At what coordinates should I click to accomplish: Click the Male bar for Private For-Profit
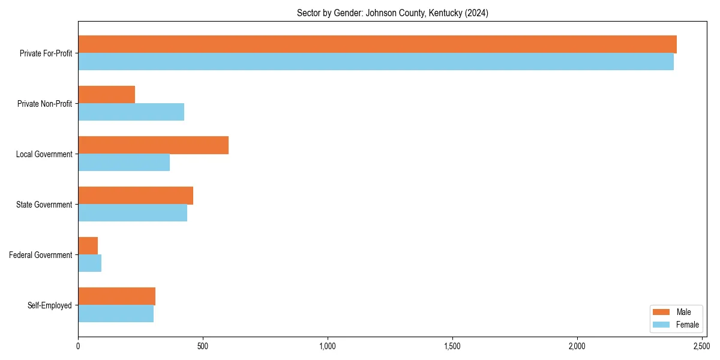click(x=377, y=44)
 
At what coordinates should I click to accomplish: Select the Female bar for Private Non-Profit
click(x=131, y=112)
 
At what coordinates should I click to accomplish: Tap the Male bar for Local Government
click(x=153, y=145)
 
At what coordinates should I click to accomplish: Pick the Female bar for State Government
click(x=133, y=213)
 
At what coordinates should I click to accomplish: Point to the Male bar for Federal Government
click(x=88, y=246)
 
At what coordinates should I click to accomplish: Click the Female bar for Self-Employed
click(x=116, y=314)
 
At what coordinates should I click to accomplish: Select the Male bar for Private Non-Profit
click(x=106, y=95)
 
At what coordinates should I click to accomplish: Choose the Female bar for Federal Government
click(x=89, y=263)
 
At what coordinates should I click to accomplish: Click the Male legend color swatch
click(x=661, y=312)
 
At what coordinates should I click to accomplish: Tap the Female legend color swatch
click(x=661, y=325)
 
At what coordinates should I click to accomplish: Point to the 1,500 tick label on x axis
click(x=452, y=346)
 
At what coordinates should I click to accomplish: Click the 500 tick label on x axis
click(x=203, y=346)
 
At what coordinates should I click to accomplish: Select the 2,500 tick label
click(x=701, y=346)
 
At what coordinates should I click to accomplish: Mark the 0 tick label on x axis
click(x=78, y=346)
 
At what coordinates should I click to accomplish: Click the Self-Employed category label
click(x=50, y=305)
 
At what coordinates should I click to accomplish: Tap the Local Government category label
click(x=44, y=154)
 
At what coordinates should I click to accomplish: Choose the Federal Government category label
click(x=41, y=255)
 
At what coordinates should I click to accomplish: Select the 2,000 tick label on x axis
click(x=577, y=346)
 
